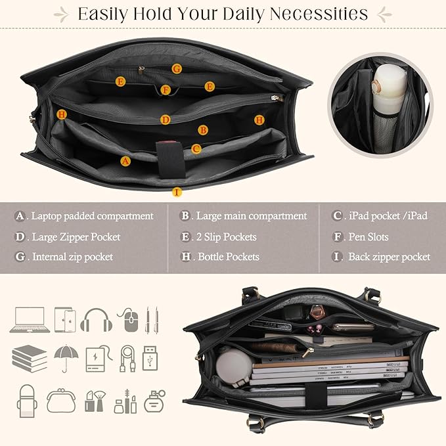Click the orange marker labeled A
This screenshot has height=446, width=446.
click(126, 160)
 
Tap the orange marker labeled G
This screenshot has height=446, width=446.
click(177, 68)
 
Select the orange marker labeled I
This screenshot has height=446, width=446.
click(176, 192)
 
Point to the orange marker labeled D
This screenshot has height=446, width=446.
click(166, 120)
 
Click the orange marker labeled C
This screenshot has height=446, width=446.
click(196, 149)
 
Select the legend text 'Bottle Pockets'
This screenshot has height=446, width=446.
click(229, 257)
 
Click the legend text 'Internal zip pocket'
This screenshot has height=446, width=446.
click(72, 257)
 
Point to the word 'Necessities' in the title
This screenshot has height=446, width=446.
click(314, 13)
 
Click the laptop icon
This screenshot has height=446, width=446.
click(30, 320)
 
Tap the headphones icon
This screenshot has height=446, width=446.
click(97, 320)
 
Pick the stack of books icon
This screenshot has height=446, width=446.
click(30, 359)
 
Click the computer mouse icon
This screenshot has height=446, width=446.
click(129, 321)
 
